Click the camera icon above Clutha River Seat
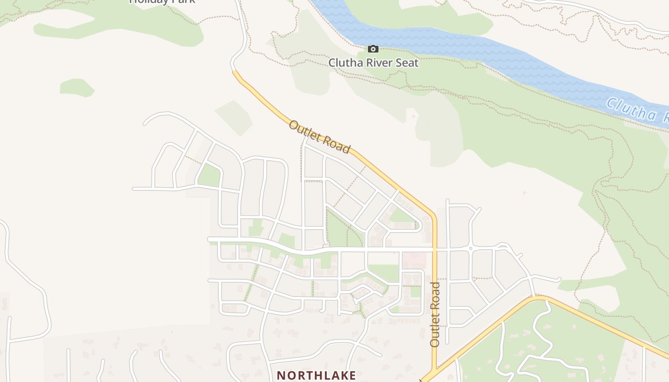tap(373, 49)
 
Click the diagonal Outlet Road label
tap(320, 137)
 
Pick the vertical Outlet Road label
tap(435, 314)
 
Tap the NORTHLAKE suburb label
tap(316, 375)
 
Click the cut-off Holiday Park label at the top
tap(162, 1)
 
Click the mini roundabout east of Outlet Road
tap(471, 248)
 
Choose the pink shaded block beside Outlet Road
tap(414, 260)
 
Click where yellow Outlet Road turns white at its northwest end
tap(234, 72)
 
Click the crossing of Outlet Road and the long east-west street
tap(435, 249)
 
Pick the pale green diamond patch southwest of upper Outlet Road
tap(234, 117)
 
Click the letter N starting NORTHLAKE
tap(281, 375)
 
